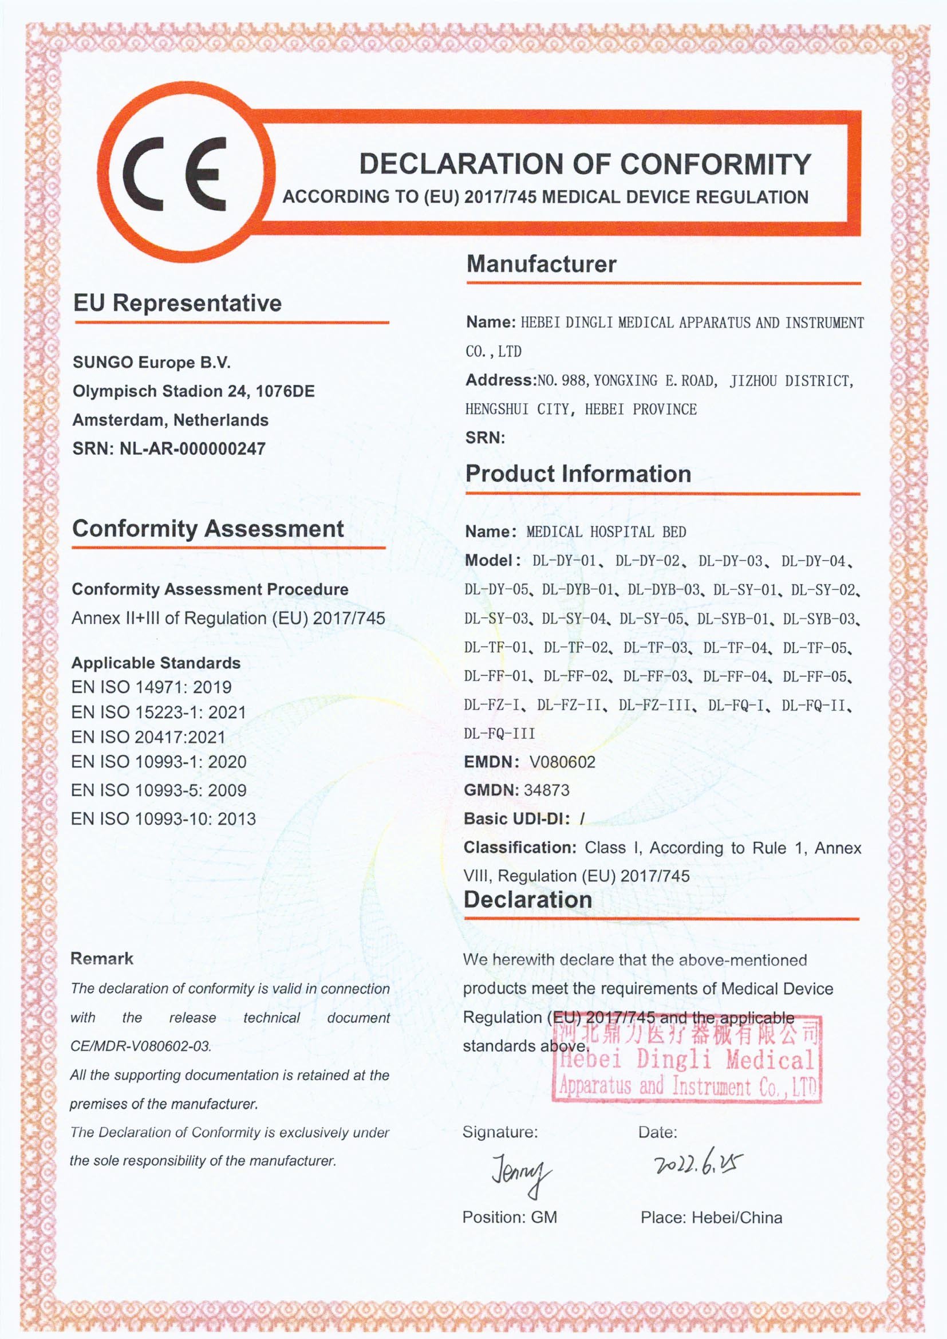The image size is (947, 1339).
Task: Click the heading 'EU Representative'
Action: tap(177, 304)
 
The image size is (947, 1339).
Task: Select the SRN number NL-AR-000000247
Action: tap(192, 448)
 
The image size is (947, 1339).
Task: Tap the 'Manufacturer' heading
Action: tap(540, 264)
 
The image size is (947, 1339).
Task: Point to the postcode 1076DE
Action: tap(285, 391)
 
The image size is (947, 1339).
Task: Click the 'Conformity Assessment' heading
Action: tap(208, 529)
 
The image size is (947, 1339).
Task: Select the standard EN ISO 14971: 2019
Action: tap(151, 687)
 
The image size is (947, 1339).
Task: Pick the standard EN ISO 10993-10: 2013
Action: tap(163, 819)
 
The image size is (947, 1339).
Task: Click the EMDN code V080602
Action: tap(562, 762)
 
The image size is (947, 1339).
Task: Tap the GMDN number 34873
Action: tap(546, 790)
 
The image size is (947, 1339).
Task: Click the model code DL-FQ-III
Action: tap(499, 734)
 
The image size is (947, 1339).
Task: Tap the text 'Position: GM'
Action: tap(509, 1217)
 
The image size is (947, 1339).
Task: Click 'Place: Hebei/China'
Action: tap(711, 1218)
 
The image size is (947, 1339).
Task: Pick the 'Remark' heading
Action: tap(101, 959)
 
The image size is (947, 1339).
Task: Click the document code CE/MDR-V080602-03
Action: tap(140, 1046)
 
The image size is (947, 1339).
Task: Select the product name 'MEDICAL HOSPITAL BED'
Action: tap(606, 532)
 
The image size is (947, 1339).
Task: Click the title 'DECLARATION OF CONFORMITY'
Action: tap(585, 164)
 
